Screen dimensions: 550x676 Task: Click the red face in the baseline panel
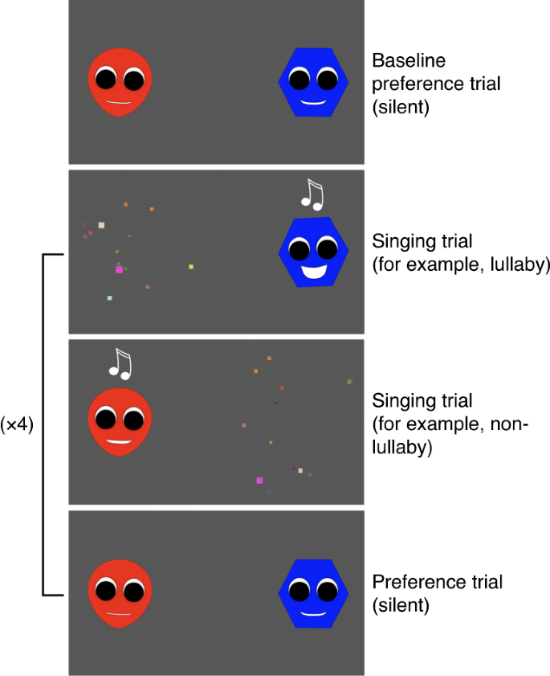120,82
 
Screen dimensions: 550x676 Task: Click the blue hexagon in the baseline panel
313,82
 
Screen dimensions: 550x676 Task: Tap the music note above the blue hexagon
310,195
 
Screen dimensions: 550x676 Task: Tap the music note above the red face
121,364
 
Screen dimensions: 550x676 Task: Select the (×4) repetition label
17,424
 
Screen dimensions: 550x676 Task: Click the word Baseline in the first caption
409,60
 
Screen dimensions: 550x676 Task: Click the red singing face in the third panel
120,423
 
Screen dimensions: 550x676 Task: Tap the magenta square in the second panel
119,269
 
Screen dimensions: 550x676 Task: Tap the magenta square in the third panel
259,481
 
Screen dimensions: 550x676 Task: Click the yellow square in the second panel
191,266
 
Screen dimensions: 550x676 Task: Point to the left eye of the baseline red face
106,80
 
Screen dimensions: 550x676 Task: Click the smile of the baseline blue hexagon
313,103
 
